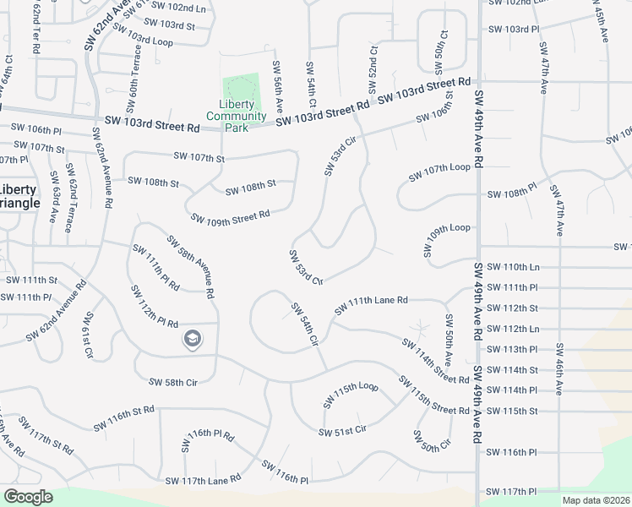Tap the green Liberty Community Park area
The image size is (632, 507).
coord(242,88)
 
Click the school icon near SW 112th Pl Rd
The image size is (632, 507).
coord(193,339)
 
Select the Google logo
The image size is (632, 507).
coord(28,497)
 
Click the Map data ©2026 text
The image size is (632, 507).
coord(595,500)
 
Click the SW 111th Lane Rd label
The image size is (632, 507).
coord(371,305)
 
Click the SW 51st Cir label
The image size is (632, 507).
coord(342,432)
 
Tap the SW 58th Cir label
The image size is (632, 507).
coord(172,382)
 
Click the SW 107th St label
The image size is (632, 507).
coord(199,157)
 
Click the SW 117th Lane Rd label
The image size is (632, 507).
coord(203,480)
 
